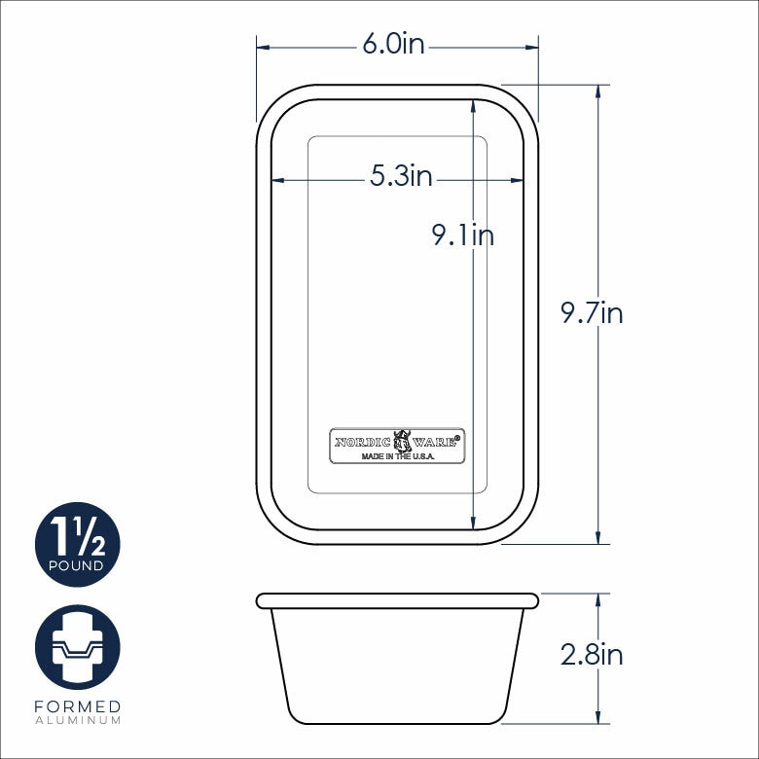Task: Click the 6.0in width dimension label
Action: (x=393, y=45)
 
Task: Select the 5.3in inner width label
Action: (x=401, y=175)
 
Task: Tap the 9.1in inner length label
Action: (x=463, y=235)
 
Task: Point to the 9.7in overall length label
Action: (x=592, y=312)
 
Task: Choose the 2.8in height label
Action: (x=592, y=655)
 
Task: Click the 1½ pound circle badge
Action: (x=78, y=545)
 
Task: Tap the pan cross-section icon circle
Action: (x=78, y=647)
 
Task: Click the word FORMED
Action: (x=78, y=706)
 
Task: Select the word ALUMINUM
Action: (x=78, y=720)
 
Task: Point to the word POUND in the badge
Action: (x=77, y=565)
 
